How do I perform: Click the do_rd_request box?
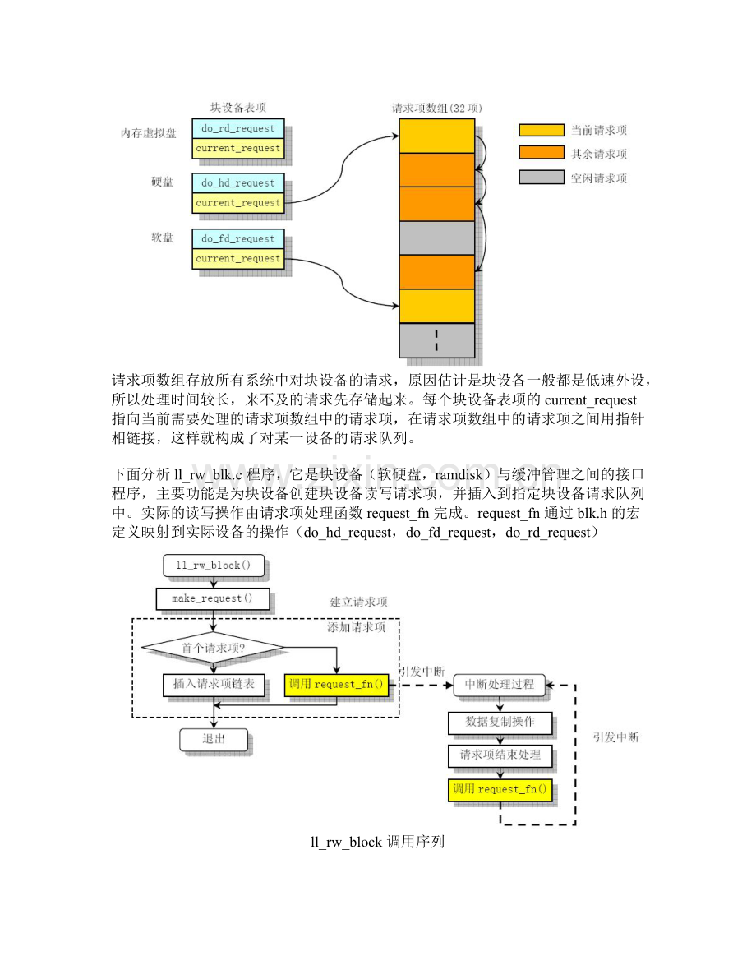237,127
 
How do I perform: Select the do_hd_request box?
237,182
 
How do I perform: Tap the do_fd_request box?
237,238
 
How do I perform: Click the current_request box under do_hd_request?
237,202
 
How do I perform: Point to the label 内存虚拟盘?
149,132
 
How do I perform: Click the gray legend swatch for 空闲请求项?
541,177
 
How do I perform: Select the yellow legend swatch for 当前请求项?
541,130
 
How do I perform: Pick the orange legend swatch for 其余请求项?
541,153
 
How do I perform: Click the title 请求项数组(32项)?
436,109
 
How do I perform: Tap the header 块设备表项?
237,108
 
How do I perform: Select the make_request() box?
212,598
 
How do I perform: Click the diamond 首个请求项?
214,647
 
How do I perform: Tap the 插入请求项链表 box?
214,685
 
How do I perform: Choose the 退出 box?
214,738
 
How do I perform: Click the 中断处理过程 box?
499,684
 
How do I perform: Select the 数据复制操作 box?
499,723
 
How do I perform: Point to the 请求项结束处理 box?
499,755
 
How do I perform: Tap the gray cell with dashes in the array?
436,339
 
